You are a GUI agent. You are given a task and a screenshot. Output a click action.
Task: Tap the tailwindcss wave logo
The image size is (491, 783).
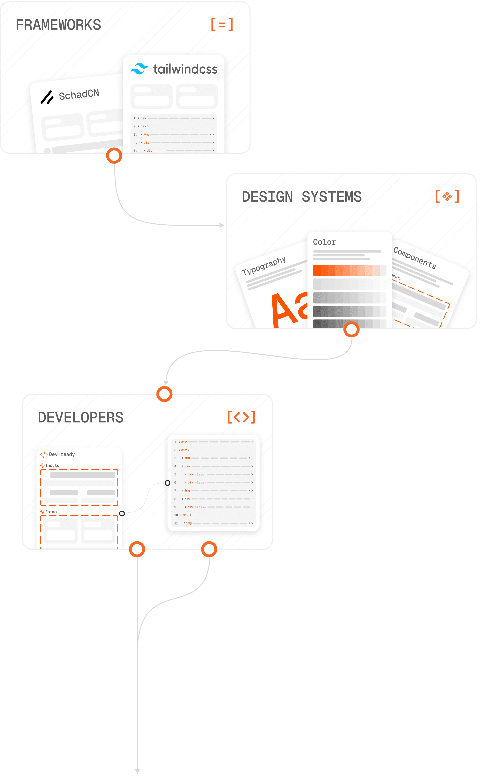click(x=139, y=69)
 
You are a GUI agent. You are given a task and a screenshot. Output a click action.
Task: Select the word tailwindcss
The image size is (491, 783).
click(x=185, y=69)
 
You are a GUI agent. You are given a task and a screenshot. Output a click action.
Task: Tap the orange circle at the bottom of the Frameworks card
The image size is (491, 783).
click(x=114, y=156)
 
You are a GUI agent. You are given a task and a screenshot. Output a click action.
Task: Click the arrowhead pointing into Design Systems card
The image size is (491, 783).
click(x=222, y=225)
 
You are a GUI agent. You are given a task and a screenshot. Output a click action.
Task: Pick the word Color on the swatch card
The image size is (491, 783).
click(x=324, y=242)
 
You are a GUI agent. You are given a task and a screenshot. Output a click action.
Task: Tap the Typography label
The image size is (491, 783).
click(x=264, y=266)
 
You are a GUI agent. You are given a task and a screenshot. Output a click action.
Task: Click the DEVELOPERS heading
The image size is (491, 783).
click(x=81, y=417)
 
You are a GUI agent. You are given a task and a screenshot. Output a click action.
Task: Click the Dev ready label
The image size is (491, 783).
click(x=62, y=454)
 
